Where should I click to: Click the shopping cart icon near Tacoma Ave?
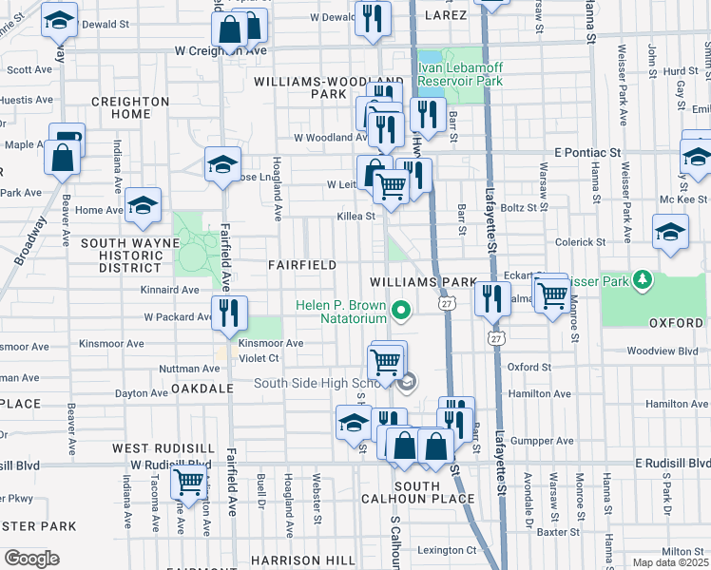[x=188, y=482]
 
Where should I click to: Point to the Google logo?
[x=31, y=559]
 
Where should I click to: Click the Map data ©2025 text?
[x=669, y=562]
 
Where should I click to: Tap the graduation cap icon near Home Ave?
[x=143, y=205]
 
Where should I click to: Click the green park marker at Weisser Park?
[x=644, y=279]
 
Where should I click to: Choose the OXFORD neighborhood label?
[x=676, y=323]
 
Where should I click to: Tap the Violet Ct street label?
[x=259, y=358]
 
